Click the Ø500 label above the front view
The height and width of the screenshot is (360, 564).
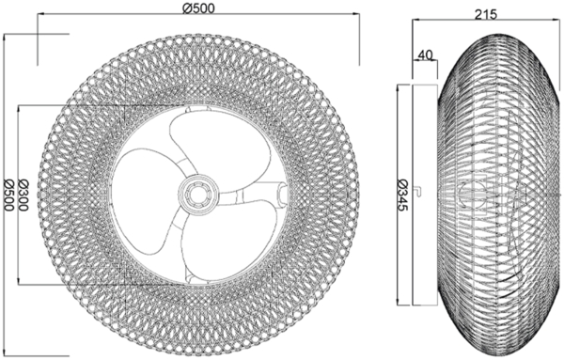point(198,8)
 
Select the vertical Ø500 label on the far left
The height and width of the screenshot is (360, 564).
point(8,196)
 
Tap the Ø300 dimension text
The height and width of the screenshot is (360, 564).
point(23,196)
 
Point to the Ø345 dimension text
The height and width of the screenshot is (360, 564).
point(403,195)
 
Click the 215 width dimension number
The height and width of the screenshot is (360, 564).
point(486,14)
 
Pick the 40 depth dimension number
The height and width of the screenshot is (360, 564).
point(426,55)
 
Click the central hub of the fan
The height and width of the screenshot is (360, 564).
point(197,195)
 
